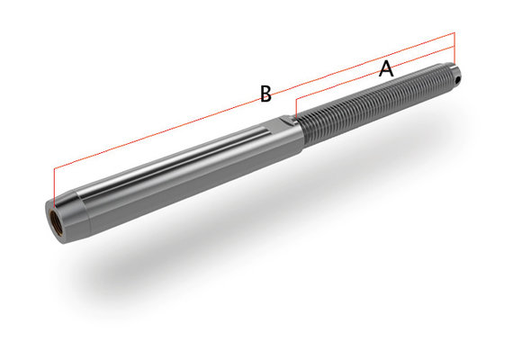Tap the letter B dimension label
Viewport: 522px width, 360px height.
[x=265, y=94]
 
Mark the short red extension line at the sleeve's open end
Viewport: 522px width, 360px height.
[x=55, y=185]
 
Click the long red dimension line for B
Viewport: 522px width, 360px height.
[x=180, y=125]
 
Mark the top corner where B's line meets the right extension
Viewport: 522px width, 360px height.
[x=455, y=33]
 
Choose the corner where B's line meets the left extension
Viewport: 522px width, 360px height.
[x=55, y=168]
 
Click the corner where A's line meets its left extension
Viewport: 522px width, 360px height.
[x=295, y=95]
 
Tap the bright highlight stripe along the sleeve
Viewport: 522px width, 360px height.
[x=180, y=162]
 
